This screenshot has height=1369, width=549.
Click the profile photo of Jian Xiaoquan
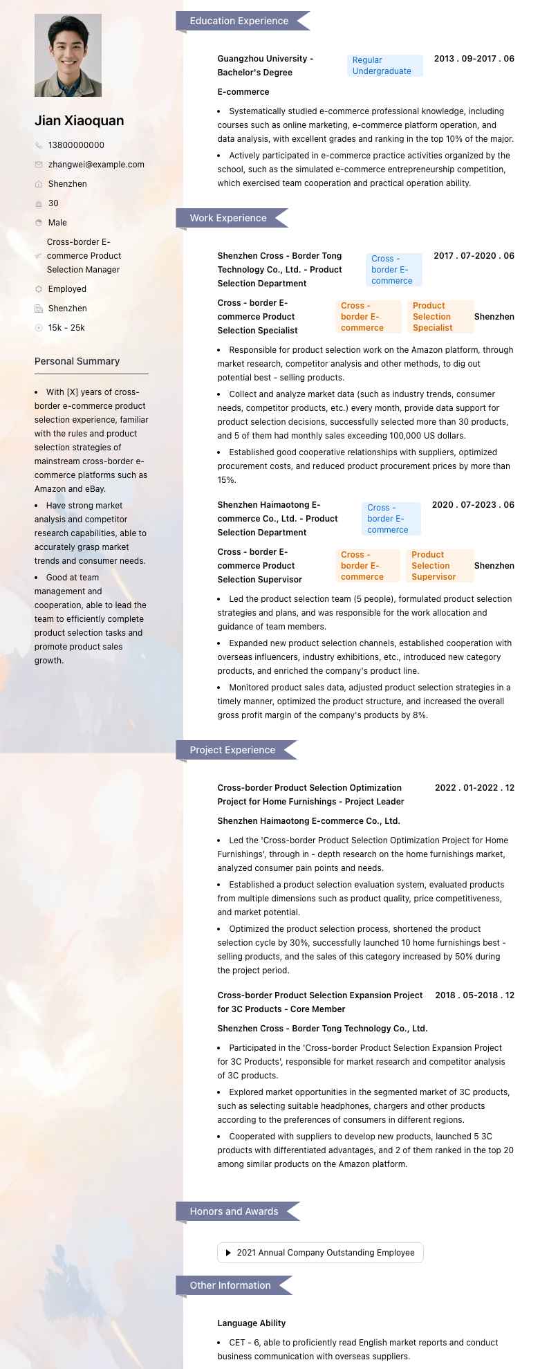[x=68, y=55]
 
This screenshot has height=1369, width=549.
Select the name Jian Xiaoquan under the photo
[x=80, y=120]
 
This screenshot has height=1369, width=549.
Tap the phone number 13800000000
[x=76, y=145]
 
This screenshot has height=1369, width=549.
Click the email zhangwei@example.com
[x=96, y=165]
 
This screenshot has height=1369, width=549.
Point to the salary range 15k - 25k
[x=66, y=328]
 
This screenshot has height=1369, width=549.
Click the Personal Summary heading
[x=77, y=361]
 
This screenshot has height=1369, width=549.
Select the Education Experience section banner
[x=239, y=21]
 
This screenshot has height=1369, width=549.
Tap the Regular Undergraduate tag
[x=384, y=66]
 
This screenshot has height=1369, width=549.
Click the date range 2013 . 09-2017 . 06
[x=474, y=59]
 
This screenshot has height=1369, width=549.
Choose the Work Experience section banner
[x=228, y=218]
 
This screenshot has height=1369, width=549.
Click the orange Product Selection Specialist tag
[x=440, y=317]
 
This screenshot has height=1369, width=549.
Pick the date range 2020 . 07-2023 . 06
[x=473, y=505]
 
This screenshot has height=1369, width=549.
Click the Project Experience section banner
[x=232, y=750]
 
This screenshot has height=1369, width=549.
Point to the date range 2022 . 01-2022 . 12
[x=474, y=788]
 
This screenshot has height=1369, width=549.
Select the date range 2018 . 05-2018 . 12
[x=474, y=995]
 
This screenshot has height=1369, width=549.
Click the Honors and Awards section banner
[x=234, y=1211]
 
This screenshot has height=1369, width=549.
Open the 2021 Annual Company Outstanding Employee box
[x=320, y=1253]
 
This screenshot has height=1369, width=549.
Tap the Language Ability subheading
[x=252, y=1323]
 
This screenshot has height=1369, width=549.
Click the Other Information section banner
[x=230, y=1285]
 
